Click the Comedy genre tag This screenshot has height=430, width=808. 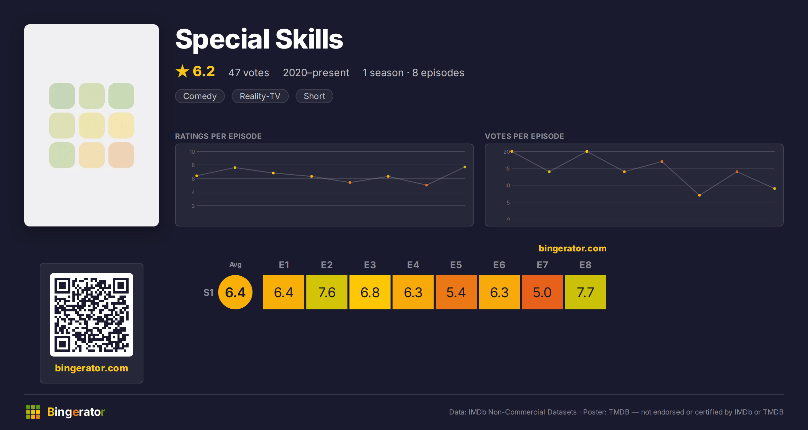tap(200, 96)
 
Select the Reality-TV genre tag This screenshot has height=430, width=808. tap(260, 96)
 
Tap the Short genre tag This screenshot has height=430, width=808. tap(314, 96)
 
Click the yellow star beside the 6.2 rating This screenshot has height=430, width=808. tap(182, 71)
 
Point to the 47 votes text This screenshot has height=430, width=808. tap(249, 72)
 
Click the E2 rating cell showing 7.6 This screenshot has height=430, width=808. tap(327, 292)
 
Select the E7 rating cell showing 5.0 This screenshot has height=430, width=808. tap(542, 292)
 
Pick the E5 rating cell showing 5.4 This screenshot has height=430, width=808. tap(456, 292)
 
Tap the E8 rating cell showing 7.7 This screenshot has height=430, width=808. tap(585, 292)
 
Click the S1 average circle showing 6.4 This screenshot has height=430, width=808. tap(235, 292)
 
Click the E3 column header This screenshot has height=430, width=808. tap(370, 265)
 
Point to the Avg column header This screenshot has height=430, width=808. tap(235, 265)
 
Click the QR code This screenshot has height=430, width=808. tap(92, 315)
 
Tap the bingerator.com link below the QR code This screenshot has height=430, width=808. tap(92, 368)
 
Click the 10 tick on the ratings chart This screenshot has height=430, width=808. tap(192, 152)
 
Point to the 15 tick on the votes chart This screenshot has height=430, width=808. tap(507, 168)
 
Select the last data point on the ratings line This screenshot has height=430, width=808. tap(465, 167)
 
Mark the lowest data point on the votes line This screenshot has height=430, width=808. tap(700, 195)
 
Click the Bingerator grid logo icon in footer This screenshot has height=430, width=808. tap(33, 412)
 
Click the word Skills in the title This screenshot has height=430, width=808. tap(309, 39)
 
